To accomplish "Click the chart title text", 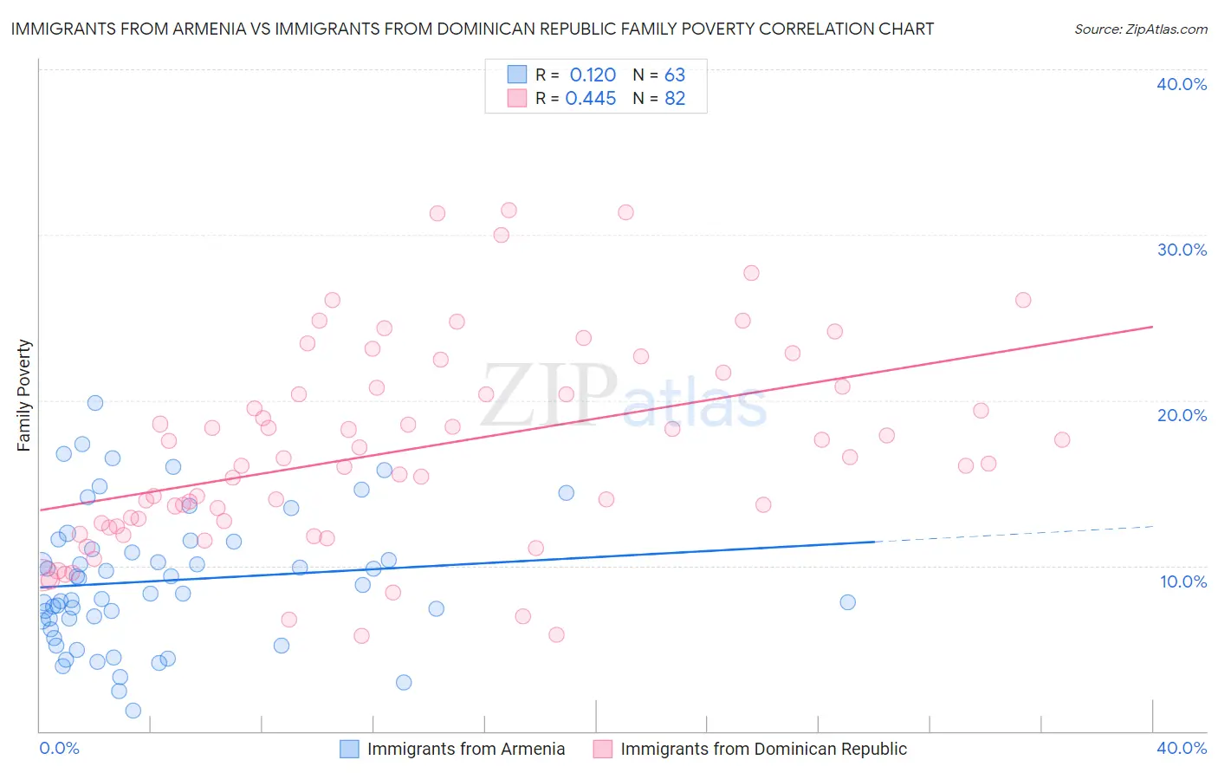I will pyautogui.click(x=472, y=29).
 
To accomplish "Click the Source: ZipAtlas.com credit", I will pyautogui.click(x=1140, y=29).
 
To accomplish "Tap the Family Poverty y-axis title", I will pyautogui.click(x=24, y=395).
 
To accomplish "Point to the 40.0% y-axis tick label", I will pyautogui.click(x=1182, y=84).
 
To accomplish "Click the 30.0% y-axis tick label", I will pyautogui.click(x=1182, y=250).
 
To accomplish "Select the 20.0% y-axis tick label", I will pyautogui.click(x=1182, y=415).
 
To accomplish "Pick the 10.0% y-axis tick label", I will pyautogui.click(x=1183, y=581).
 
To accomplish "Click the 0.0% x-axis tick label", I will pyautogui.click(x=59, y=748).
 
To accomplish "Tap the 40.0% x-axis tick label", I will pyautogui.click(x=1182, y=748).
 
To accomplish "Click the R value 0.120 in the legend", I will pyautogui.click(x=593, y=75).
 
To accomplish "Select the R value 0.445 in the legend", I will pyautogui.click(x=591, y=99).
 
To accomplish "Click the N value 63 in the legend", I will pyautogui.click(x=675, y=75).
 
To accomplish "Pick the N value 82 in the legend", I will pyautogui.click(x=675, y=99).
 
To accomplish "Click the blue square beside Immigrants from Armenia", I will pyautogui.click(x=349, y=749).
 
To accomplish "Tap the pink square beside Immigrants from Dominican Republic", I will pyautogui.click(x=603, y=749).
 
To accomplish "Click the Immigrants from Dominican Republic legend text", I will pyautogui.click(x=763, y=749).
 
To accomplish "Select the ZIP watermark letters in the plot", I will pyautogui.click(x=548, y=395).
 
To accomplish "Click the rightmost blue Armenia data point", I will pyautogui.click(x=847, y=602).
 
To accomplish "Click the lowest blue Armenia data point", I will pyautogui.click(x=133, y=711).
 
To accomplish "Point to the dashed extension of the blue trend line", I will pyautogui.click(x=1014, y=534).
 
